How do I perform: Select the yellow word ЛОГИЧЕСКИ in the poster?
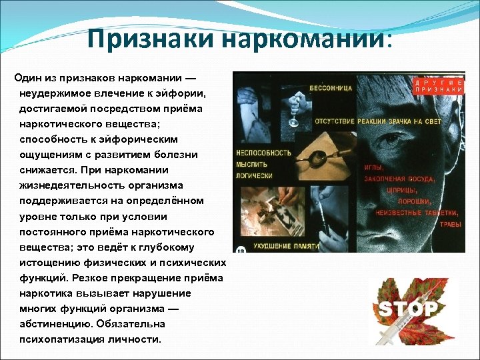pyautogui.click(x=253, y=175)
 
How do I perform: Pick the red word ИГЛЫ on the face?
pyautogui.click(x=373, y=168)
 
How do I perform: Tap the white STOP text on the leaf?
pyautogui.click(x=408, y=309)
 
